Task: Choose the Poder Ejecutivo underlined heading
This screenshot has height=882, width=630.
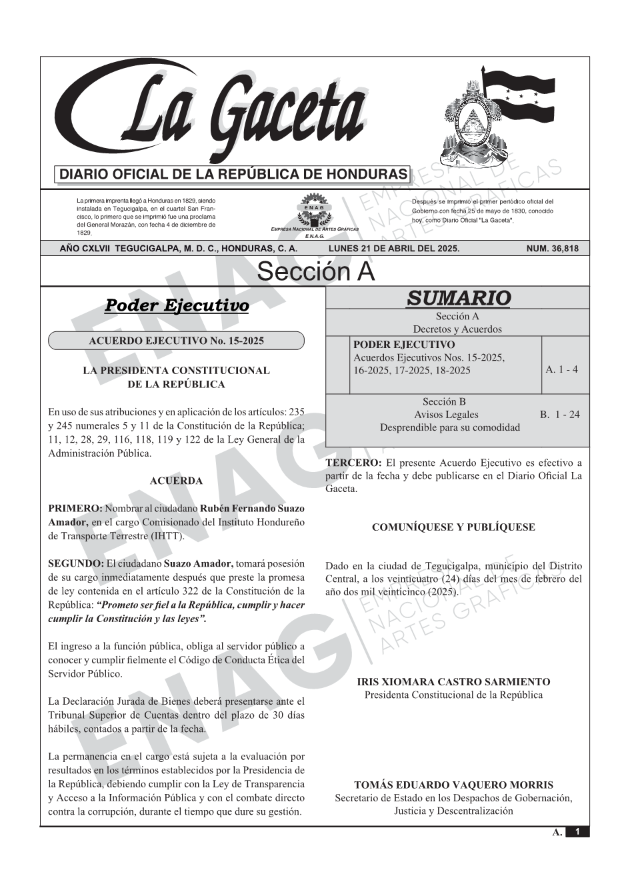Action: tap(177, 305)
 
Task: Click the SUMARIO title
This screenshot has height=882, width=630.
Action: tap(458, 298)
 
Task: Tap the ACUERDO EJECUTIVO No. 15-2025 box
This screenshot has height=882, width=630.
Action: tap(176, 341)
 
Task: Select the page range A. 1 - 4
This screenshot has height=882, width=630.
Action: tap(561, 369)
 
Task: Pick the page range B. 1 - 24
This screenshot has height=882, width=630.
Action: tap(559, 415)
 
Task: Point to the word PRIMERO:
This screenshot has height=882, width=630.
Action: tap(75, 509)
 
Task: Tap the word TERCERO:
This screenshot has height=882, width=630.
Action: tap(353, 463)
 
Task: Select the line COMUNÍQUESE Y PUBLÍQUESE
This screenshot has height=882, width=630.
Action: tap(453, 527)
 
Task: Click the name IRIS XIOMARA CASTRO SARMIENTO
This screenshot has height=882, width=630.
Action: tap(453, 682)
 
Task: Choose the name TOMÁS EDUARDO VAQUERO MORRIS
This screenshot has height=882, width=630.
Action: tap(453, 785)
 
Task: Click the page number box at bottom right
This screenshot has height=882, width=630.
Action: tap(577, 832)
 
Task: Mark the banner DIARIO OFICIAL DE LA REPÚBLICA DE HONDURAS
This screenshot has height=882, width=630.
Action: tap(233, 175)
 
